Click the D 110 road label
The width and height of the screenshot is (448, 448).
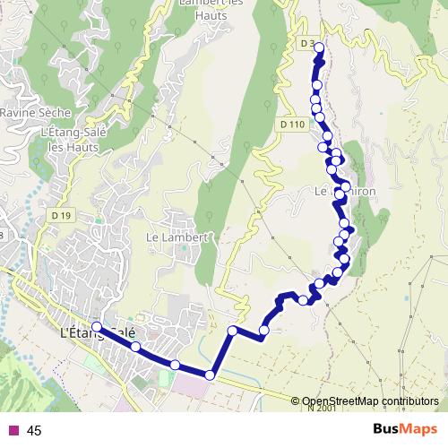click(x=292, y=125)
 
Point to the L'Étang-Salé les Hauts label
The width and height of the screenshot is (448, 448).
click(x=70, y=140)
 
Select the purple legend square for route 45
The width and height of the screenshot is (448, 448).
click(x=13, y=430)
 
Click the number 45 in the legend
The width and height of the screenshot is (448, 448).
click(x=35, y=431)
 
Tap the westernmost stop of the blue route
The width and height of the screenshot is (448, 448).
click(x=96, y=329)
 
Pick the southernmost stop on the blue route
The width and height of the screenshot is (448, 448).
click(x=211, y=375)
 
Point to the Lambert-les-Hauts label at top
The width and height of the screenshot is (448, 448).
click(x=211, y=7)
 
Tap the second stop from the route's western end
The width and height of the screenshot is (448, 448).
click(x=135, y=347)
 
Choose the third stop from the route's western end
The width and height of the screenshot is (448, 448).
click(x=175, y=364)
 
